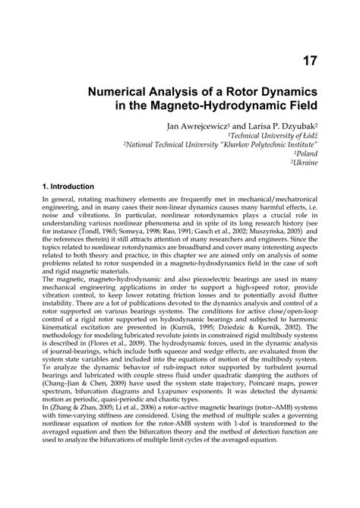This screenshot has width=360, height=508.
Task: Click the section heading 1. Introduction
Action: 68,186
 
